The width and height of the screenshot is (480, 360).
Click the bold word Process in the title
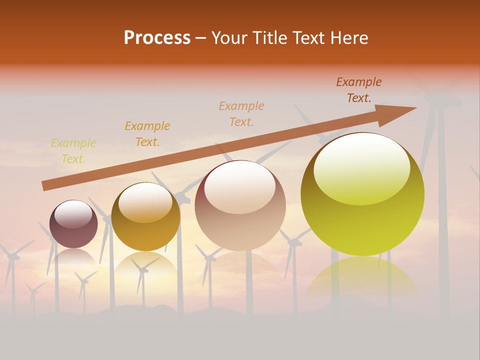pyautogui.click(x=157, y=38)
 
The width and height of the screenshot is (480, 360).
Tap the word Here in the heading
pyautogui.click(x=349, y=38)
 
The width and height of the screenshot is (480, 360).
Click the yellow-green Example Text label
pyautogui.click(x=73, y=151)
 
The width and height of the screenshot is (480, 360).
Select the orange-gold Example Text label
pyautogui.click(x=147, y=134)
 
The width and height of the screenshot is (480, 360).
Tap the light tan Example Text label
pyautogui.click(x=241, y=113)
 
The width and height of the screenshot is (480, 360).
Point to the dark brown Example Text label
pyautogui.click(x=359, y=90)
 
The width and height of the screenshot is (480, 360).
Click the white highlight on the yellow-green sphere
pyautogui.click(x=361, y=167)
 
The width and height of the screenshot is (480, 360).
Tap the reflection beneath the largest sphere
pyautogui.click(x=362, y=277)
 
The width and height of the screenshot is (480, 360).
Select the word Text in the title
pyautogui.click(x=309, y=38)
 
